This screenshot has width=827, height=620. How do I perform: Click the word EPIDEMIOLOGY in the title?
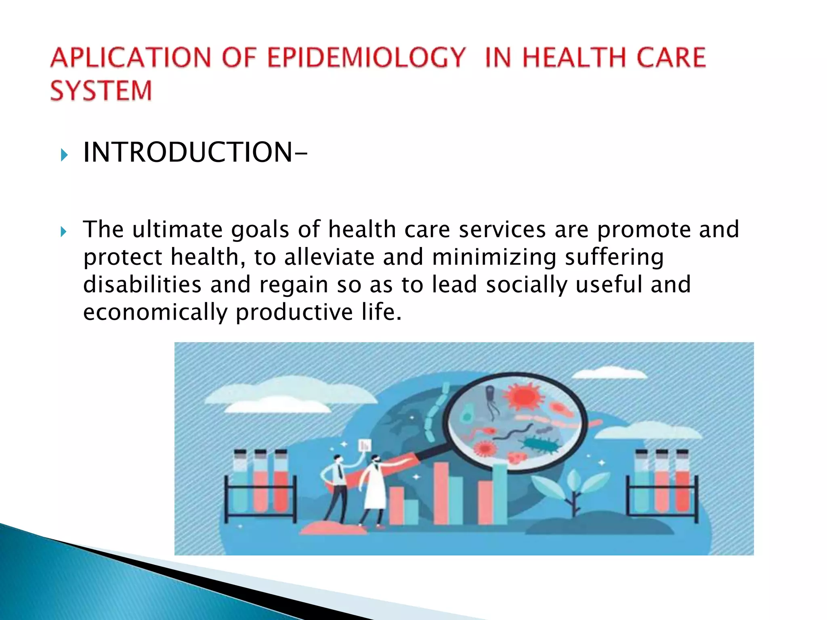[366, 57]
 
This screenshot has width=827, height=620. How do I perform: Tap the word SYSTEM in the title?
[101, 90]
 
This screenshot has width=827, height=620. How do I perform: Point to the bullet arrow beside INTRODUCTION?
[64, 155]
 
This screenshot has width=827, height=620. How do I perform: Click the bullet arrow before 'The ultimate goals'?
[63, 232]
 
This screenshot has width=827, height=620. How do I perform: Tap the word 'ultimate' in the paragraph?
[177, 230]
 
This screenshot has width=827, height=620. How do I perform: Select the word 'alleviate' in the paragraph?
[329, 258]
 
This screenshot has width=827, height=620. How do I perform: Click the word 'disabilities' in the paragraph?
[142, 285]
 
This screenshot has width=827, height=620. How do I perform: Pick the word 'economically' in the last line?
[155, 312]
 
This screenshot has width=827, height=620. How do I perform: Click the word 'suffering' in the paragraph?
[614, 258]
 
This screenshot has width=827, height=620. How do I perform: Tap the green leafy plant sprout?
[573, 488]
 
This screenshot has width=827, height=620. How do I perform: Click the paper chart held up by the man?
[365, 446]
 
